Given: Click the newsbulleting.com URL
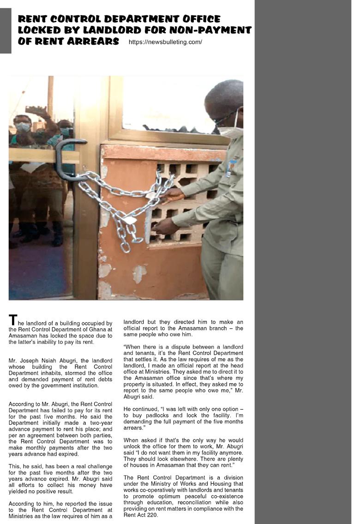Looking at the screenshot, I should click(165, 42).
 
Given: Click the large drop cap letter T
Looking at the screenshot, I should click(13, 320).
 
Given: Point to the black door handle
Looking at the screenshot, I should click(65, 159).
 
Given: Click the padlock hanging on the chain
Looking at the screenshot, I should click(130, 220).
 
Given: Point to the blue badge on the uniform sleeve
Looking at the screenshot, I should click(229, 169).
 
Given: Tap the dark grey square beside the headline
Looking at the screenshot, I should click(6, 30).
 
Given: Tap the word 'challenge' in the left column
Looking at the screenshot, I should click(96, 466).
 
